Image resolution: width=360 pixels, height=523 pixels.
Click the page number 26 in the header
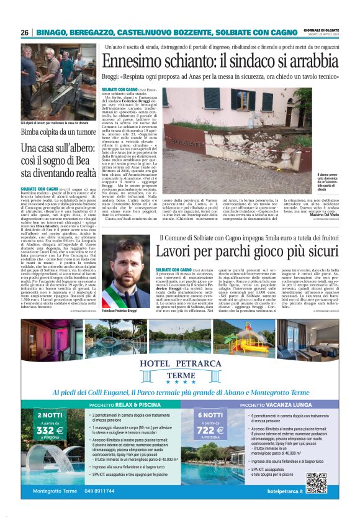click(x=24, y=32)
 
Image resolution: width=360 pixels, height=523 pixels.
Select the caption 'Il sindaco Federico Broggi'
click(x=119, y=311)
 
